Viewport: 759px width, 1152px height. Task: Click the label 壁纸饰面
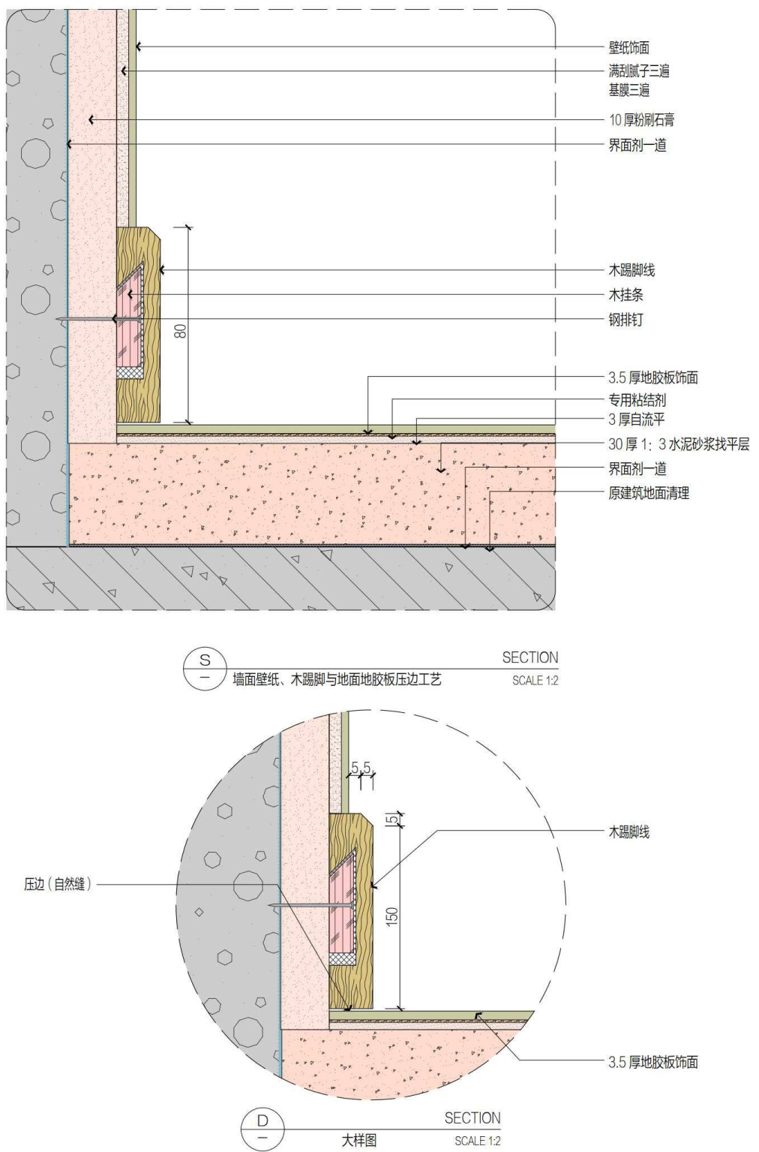point(628,48)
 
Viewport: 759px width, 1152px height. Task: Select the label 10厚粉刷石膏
point(641,120)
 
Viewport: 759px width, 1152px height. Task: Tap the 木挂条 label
point(625,295)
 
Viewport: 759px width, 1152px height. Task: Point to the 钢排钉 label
point(625,320)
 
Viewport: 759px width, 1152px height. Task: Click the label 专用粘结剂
point(637,400)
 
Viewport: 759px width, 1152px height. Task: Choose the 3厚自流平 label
point(636,420)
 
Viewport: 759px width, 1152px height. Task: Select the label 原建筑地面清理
point(648,493)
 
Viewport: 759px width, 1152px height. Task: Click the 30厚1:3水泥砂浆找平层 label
point(678,444)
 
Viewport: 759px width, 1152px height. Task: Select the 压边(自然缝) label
point(58,885)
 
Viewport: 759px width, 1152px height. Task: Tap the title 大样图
point(359,1141)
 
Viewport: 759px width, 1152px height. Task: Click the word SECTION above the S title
point(529,657)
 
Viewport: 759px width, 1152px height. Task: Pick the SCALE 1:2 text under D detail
point(477,1141)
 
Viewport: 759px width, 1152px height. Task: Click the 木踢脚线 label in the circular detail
point(628,832)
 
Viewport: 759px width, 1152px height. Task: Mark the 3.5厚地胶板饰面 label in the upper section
point(652,377)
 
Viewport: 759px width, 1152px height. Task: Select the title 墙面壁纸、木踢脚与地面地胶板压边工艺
point(337,680)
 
